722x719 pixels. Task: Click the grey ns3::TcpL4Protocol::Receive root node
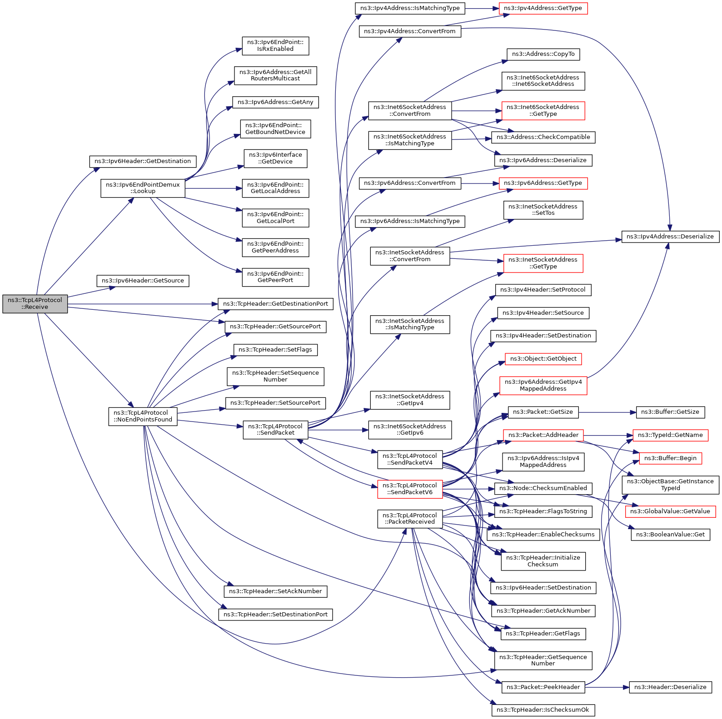point(35,303)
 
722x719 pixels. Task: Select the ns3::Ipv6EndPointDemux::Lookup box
point(143,188)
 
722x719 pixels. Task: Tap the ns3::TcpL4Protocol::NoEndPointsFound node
point(143,416)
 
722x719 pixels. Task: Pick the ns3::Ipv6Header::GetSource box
point(143,281)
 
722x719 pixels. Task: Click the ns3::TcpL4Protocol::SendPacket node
point(275,430)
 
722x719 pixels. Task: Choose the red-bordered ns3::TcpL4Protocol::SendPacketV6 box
point(410,489)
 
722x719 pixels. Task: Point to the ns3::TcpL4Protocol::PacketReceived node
point(410,519)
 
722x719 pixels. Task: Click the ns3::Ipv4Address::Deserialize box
point(670,237)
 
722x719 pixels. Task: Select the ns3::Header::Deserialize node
point(670,687)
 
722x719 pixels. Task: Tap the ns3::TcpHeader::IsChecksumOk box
point(543,710)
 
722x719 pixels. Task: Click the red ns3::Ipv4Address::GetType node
point(543,8)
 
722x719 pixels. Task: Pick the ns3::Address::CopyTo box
point(543,54)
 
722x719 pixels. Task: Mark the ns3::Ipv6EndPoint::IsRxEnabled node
point(275,46)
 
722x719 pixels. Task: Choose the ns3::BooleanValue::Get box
point(670,535)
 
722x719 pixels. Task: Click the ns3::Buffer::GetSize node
point(670,412)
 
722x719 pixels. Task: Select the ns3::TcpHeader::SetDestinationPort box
point(275,615)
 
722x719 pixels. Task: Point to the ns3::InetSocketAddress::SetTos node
point(543,210)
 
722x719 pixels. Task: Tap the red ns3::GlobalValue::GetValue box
point(670,511)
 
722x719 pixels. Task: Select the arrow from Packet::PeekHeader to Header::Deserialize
point(607,687)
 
